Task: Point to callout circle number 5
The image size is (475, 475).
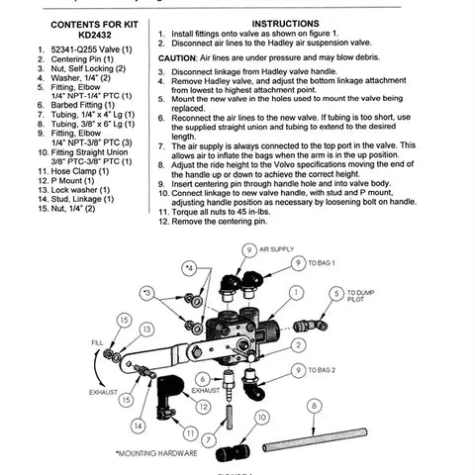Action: point(337,294)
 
